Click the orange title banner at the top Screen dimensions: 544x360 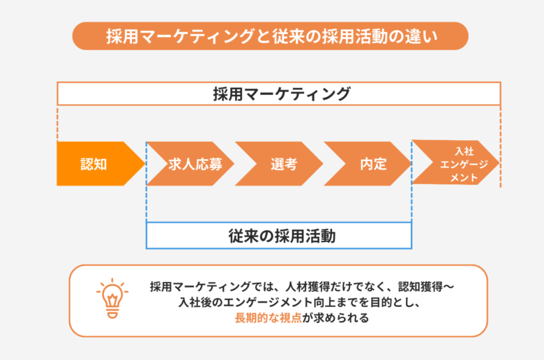271,36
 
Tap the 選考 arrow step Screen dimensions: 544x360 279,163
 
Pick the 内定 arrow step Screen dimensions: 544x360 368,163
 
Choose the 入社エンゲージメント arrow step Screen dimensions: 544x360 456,163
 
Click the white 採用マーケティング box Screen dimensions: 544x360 279,93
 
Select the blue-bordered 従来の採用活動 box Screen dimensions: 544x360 279,236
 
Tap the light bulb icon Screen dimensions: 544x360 112,298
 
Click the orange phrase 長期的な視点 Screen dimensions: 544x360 269,317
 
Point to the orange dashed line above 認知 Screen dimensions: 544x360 57,123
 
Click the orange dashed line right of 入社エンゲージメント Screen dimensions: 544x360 501,147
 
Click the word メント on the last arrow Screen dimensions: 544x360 464,178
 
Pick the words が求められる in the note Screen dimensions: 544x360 335,317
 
